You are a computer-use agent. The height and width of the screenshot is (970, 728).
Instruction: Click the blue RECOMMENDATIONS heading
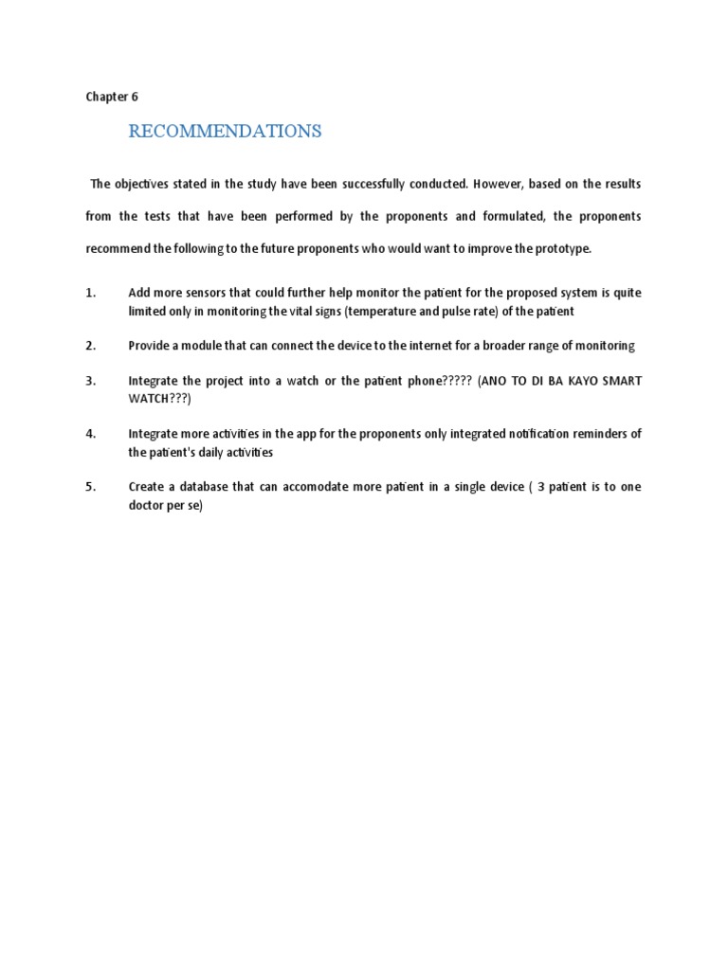(225, 132)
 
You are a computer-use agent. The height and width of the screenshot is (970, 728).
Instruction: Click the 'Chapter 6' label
(112, 97)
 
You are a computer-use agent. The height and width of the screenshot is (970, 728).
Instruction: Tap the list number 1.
(91, 294)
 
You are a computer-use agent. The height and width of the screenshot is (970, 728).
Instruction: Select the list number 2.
(91, 346)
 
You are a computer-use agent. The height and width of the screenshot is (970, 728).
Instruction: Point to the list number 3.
(91, 381)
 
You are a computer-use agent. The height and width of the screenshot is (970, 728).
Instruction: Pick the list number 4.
(91, 434)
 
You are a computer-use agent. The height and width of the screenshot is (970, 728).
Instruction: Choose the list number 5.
(91, 487)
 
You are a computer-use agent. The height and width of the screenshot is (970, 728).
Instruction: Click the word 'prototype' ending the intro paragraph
(562, 248)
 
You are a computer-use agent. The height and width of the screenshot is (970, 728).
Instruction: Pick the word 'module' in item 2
(205, 346)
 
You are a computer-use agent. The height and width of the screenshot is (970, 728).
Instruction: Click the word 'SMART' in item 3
(620, 381)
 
